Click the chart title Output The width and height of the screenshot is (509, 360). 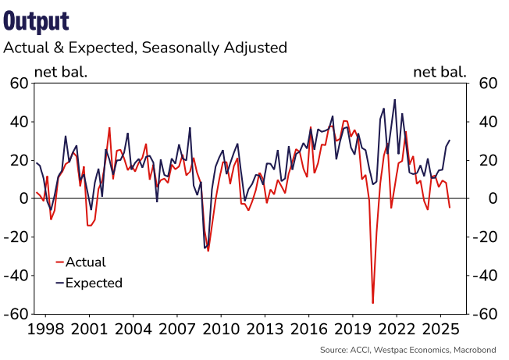click(x=36, y=20)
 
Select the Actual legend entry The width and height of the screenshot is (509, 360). click(x=85, y=262)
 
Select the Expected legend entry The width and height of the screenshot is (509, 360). click(x=94, y=283)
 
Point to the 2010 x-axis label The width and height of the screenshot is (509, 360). click(x=219, y=328)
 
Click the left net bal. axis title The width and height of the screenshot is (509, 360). click(x=61, y=73)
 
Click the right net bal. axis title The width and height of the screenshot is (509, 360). click(x=440, y=73)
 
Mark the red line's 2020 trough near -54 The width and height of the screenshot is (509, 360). click(x=373, y=303)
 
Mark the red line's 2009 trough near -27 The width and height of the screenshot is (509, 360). click(x=208, y=251)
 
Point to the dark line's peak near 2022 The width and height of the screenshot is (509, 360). click(x=395, y=100)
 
